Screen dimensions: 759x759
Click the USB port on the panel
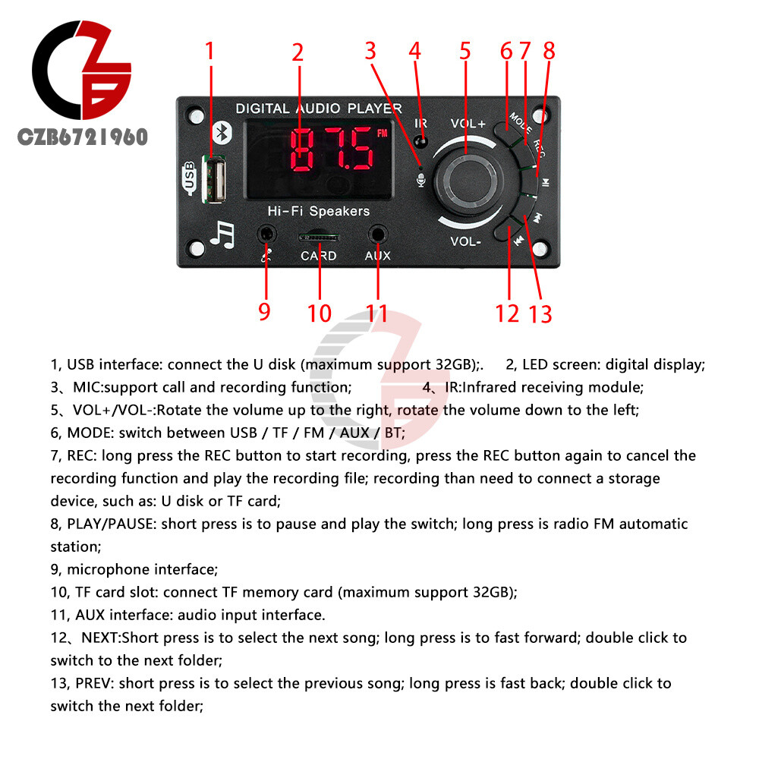[213, 180]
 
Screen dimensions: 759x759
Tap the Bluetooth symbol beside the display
[223, 132]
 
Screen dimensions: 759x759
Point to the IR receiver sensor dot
[421, 143]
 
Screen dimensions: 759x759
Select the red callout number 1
[209, 51]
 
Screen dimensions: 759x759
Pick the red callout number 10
[320, 313]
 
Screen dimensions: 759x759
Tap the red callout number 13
[540, 314]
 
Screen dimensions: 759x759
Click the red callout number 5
[465, 51]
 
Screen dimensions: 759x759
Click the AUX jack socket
[377, 235]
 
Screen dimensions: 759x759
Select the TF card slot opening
[319, 237]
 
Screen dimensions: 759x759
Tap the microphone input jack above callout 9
[266, 235]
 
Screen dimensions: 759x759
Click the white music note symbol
[223, 235]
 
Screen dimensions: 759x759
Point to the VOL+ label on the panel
[468, 124]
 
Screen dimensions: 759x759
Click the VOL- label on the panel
[465, 241]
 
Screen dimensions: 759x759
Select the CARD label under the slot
[319, 256]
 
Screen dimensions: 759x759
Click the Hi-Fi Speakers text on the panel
[319, 211]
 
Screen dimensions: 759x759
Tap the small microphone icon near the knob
[421, 180]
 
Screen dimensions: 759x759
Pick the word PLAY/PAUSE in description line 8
[110, 524]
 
